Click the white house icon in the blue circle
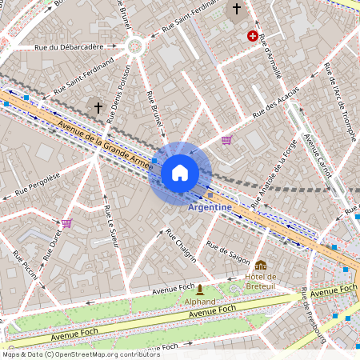click(x=180, y=173)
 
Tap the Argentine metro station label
click(x=210, y=207)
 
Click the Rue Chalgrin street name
click(x=181, y=246)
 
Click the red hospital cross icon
click(x=254, y=36)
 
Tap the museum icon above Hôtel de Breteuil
click(x=261, y=265)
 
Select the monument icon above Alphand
click(x=199, y=290)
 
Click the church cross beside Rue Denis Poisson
click(x=98, y=106)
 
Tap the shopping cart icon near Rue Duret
click(x=66, y=223)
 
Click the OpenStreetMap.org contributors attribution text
click(x=96, y=354)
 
